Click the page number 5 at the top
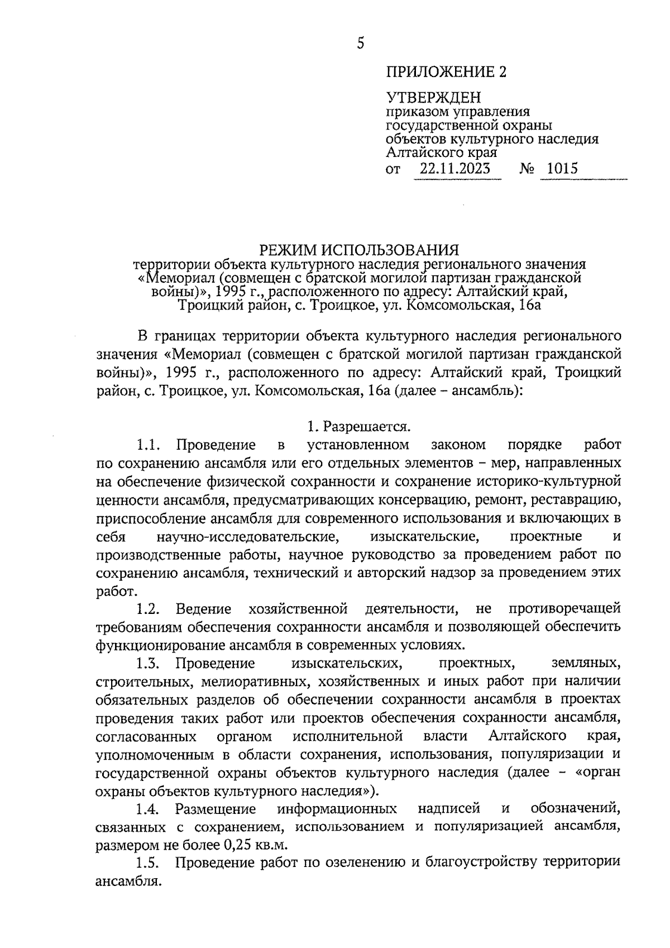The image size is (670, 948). tap(361, 43)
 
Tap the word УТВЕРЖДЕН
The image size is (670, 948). tap(433, 98)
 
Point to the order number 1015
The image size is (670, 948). tap(562, 168)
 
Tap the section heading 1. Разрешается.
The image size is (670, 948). tap(359, 427)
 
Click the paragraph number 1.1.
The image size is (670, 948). tap(148, 445)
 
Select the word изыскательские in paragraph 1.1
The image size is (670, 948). tap(424, 537)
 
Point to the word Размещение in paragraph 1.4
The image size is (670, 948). tap(216, 808)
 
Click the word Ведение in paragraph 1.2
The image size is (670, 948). tap(203, 608)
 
